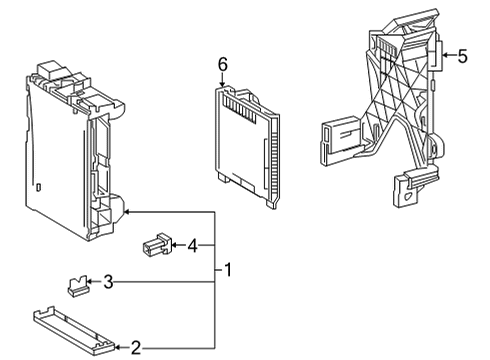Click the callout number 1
(x=228, y=270)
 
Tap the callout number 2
(x=136, y=348)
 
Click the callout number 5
(x=462, y=56)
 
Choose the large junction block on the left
(x=70, y=150)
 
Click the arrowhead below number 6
(x=223, y=83)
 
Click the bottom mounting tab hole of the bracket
(x=408, y=195)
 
